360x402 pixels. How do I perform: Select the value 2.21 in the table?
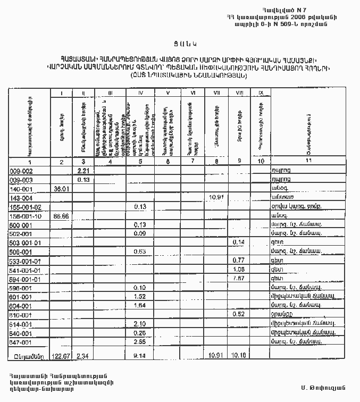(82, 170)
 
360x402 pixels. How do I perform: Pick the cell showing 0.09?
(140, 233)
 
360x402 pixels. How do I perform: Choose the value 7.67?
(238, 278)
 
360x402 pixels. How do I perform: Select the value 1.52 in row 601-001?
(140, 296)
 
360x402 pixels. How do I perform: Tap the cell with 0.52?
(238, 314)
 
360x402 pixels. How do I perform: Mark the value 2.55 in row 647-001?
(140, 341)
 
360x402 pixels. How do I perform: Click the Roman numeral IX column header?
(260, 94)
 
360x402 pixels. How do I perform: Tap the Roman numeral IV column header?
(140, 94)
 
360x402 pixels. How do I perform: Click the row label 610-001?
(21, 314)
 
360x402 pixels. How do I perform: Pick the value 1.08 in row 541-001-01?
(238, 269)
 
